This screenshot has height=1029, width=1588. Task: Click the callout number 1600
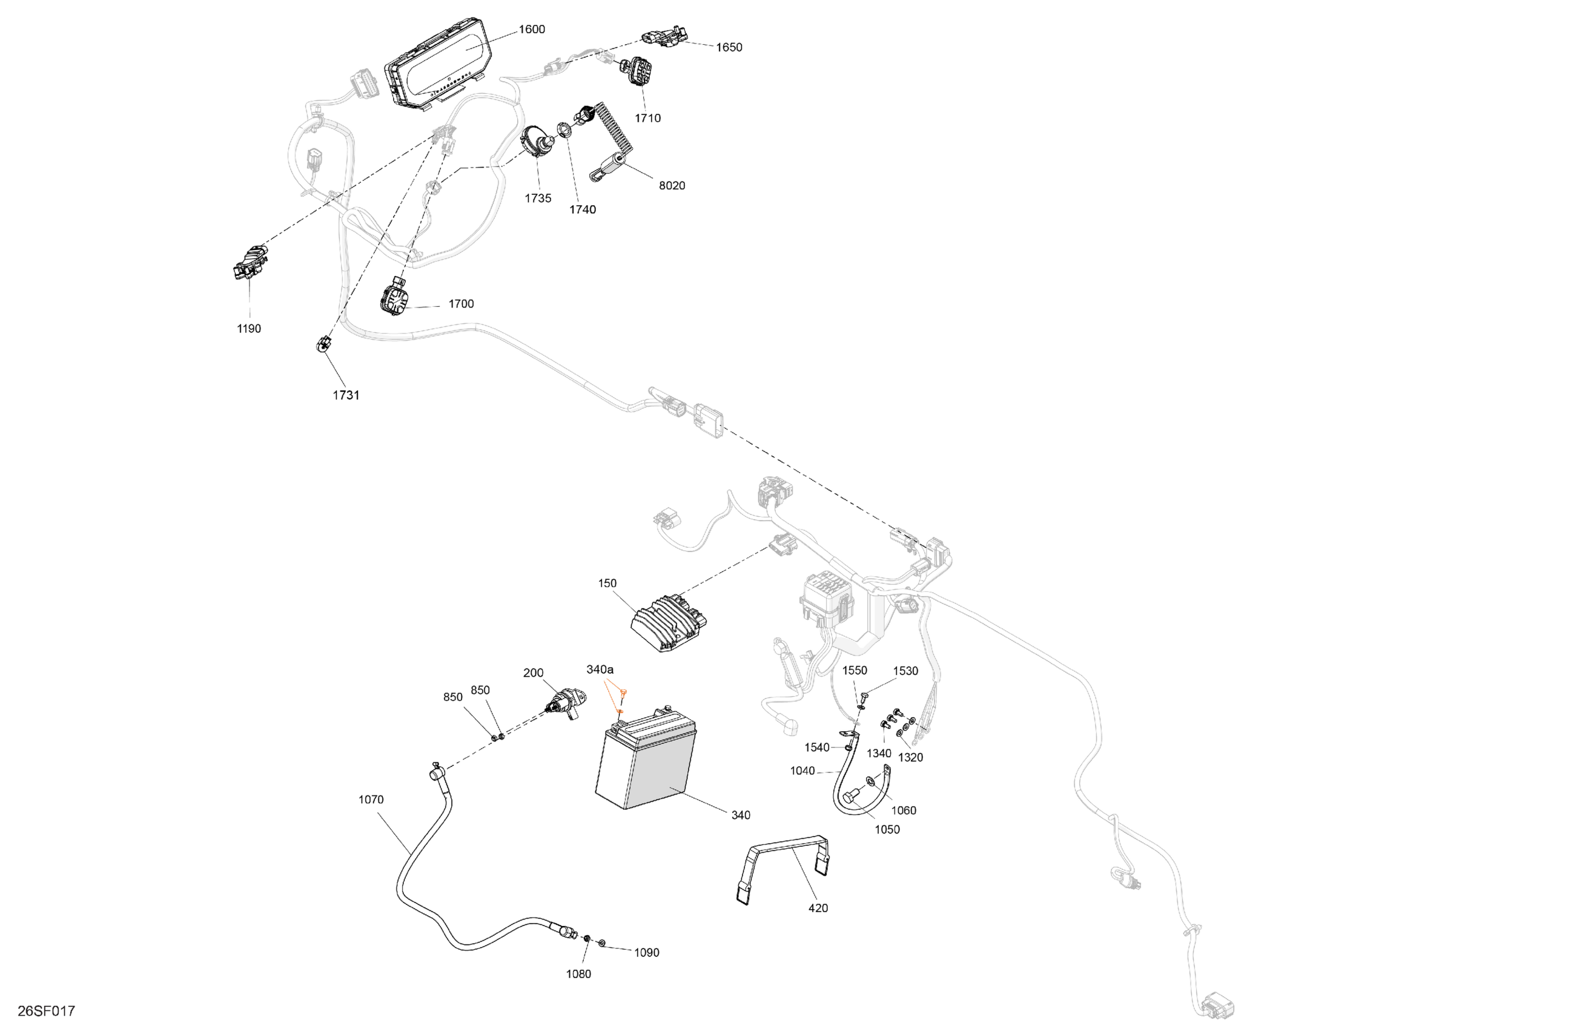pyautogui.click(x=532, y=29)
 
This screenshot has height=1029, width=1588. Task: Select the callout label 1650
pyautogui.click(x=729, y=47)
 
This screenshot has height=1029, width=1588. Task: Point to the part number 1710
pyautogui.click(x=647, y=118)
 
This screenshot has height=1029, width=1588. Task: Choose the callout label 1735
pyautogui.click(x=538, y=198)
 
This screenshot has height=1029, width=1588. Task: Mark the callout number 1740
pyautogui.click(x=582, y=209)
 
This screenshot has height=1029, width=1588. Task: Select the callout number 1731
pyautogui.click(x=346, y=395)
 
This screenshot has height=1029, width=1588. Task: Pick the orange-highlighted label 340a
pyautogui.click(x=600, y=669)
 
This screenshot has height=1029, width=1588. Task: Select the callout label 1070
pyautogui.click(x=371, y=800)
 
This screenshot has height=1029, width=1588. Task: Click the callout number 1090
pyautogui.click(x=646, y=952)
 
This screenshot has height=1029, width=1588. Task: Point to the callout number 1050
pyautogui.click(x=887, y=830)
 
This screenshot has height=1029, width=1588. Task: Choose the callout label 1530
pyautogui.click(x=905, y=671)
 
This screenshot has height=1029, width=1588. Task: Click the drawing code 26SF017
pyautogui.click(x=46, y=1011)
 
